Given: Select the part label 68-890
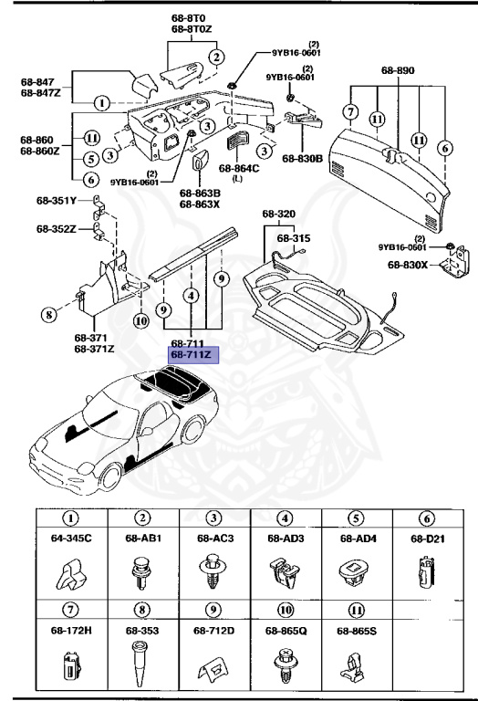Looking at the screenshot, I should (x=398, y=69).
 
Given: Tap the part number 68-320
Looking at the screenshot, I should (x=279, y=214).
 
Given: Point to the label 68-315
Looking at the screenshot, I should (x=295, y=237).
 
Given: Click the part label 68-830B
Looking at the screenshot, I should (x=302, y=158).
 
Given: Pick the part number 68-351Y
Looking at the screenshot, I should (x=56, y=201).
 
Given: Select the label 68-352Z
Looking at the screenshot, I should (x=56, y=229).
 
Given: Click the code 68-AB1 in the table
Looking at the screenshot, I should (x=142, y=539).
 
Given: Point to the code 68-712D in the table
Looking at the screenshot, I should (x=213, y=630).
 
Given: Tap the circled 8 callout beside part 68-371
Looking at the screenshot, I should (x=47, y=316).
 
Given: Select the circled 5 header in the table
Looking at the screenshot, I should (x=357, y=518).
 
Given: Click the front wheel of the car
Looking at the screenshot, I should (x=112, y=474).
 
